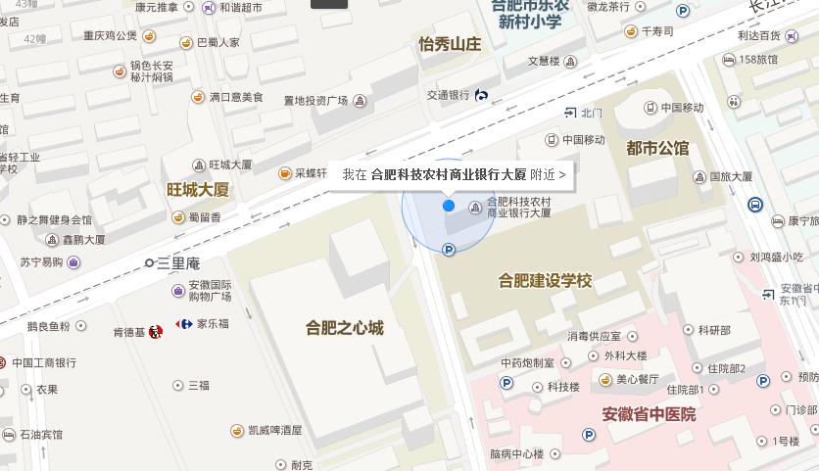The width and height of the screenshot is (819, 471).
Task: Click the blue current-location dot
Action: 449,206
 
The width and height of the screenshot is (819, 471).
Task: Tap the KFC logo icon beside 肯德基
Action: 156,332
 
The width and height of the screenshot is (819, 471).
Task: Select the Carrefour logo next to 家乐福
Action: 183,324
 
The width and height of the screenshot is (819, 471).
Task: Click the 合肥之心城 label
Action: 344,328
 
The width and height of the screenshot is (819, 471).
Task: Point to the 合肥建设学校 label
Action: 545,281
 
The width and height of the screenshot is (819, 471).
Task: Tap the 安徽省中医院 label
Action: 649,414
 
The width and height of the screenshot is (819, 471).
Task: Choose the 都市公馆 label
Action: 657,149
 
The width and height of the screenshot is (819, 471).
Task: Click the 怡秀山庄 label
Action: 450,44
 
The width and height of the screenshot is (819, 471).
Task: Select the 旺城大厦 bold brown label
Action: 198,189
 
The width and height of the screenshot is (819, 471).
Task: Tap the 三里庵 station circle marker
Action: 149,263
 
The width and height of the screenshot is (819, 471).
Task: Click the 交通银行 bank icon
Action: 482,95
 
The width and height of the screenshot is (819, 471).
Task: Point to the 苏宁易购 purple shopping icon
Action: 73,262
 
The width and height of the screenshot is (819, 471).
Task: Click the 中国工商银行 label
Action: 44,363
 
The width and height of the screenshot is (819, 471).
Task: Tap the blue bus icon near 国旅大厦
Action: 754,205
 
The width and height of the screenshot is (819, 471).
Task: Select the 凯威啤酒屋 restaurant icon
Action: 237,431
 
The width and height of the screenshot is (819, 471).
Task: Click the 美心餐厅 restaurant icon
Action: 606,380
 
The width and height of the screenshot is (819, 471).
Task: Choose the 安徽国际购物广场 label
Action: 210,290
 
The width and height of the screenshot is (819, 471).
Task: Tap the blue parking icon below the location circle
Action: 449,251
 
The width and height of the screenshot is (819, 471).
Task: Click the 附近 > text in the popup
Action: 548,174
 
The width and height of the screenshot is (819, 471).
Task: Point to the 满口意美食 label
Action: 235,97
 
